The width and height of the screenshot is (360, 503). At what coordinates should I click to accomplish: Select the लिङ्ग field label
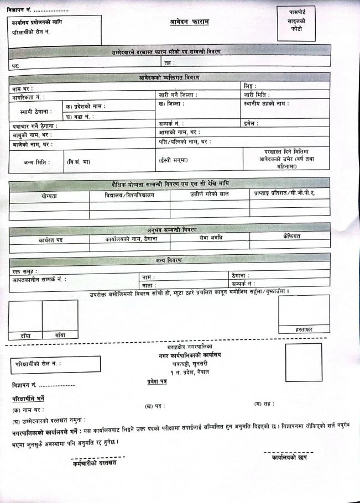coord(251,86)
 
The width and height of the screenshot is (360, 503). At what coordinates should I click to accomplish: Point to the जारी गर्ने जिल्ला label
coord(178,95)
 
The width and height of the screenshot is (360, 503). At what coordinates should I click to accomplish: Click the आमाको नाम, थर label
coord(179,132)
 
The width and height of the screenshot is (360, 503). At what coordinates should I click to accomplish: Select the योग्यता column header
coord(49,196)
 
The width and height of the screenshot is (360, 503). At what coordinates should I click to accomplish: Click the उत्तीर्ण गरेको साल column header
coord(209,193)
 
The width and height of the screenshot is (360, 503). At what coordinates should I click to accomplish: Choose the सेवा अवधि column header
coord(210,237)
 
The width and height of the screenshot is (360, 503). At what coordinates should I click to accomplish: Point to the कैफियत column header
coord(291,236)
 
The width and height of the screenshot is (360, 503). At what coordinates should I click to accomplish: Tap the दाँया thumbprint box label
coord(25,335)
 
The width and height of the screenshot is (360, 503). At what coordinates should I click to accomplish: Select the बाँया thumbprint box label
coord(60,335)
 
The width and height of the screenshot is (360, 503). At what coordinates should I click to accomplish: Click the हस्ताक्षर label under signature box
coord(304,329)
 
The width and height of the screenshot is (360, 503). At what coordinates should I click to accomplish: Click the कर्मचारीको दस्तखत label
coord(95,462)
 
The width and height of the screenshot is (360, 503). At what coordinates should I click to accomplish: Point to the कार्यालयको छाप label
coord(290,458)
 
